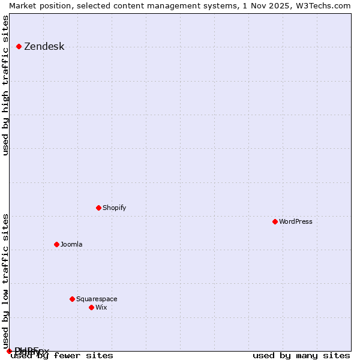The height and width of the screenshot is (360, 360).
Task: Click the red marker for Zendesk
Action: [19, 46]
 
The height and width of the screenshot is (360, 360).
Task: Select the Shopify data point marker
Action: [98, 208]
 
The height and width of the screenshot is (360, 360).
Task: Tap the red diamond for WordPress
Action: [275, 221]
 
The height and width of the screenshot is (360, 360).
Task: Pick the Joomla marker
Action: [56, 244]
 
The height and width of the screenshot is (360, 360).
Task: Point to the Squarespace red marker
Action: [72, 299]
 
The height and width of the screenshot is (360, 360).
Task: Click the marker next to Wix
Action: [91, 307]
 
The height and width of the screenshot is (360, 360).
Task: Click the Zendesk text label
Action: [44, 47]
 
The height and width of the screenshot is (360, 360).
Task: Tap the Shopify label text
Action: [114, 208]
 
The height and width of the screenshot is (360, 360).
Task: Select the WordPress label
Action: [295, 221]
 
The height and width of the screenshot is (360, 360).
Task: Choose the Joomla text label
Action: [71, 244]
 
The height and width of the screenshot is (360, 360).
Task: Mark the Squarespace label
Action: [97, 299]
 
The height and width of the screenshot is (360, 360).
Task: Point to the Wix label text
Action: [101, 307]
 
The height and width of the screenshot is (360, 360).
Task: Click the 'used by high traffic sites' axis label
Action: [6, 85]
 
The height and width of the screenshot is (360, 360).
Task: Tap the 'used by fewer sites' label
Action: [62, 355]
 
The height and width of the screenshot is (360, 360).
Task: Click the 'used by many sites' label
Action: [301, 355]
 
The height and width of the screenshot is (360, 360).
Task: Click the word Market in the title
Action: [22, 5]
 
